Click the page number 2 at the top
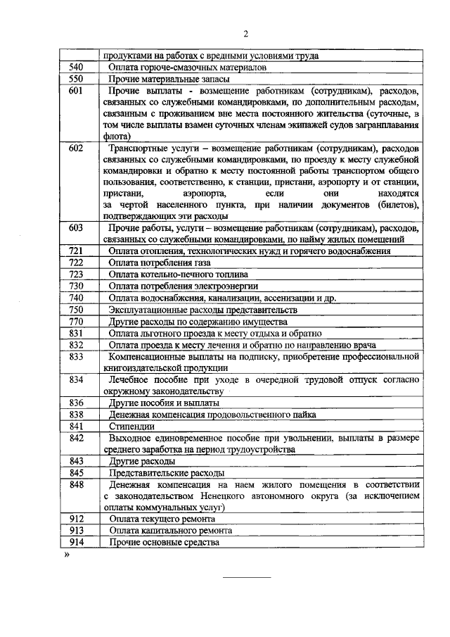click(x=246, y=34)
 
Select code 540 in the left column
click(x=76, y=67)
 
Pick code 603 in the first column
click(x=76, y=228)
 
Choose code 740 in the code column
click(x=76, y=297)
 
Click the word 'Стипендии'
click(x=131, y=426)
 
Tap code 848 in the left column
click(x=76, y=484)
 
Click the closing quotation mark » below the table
click(x=67, y=555)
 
